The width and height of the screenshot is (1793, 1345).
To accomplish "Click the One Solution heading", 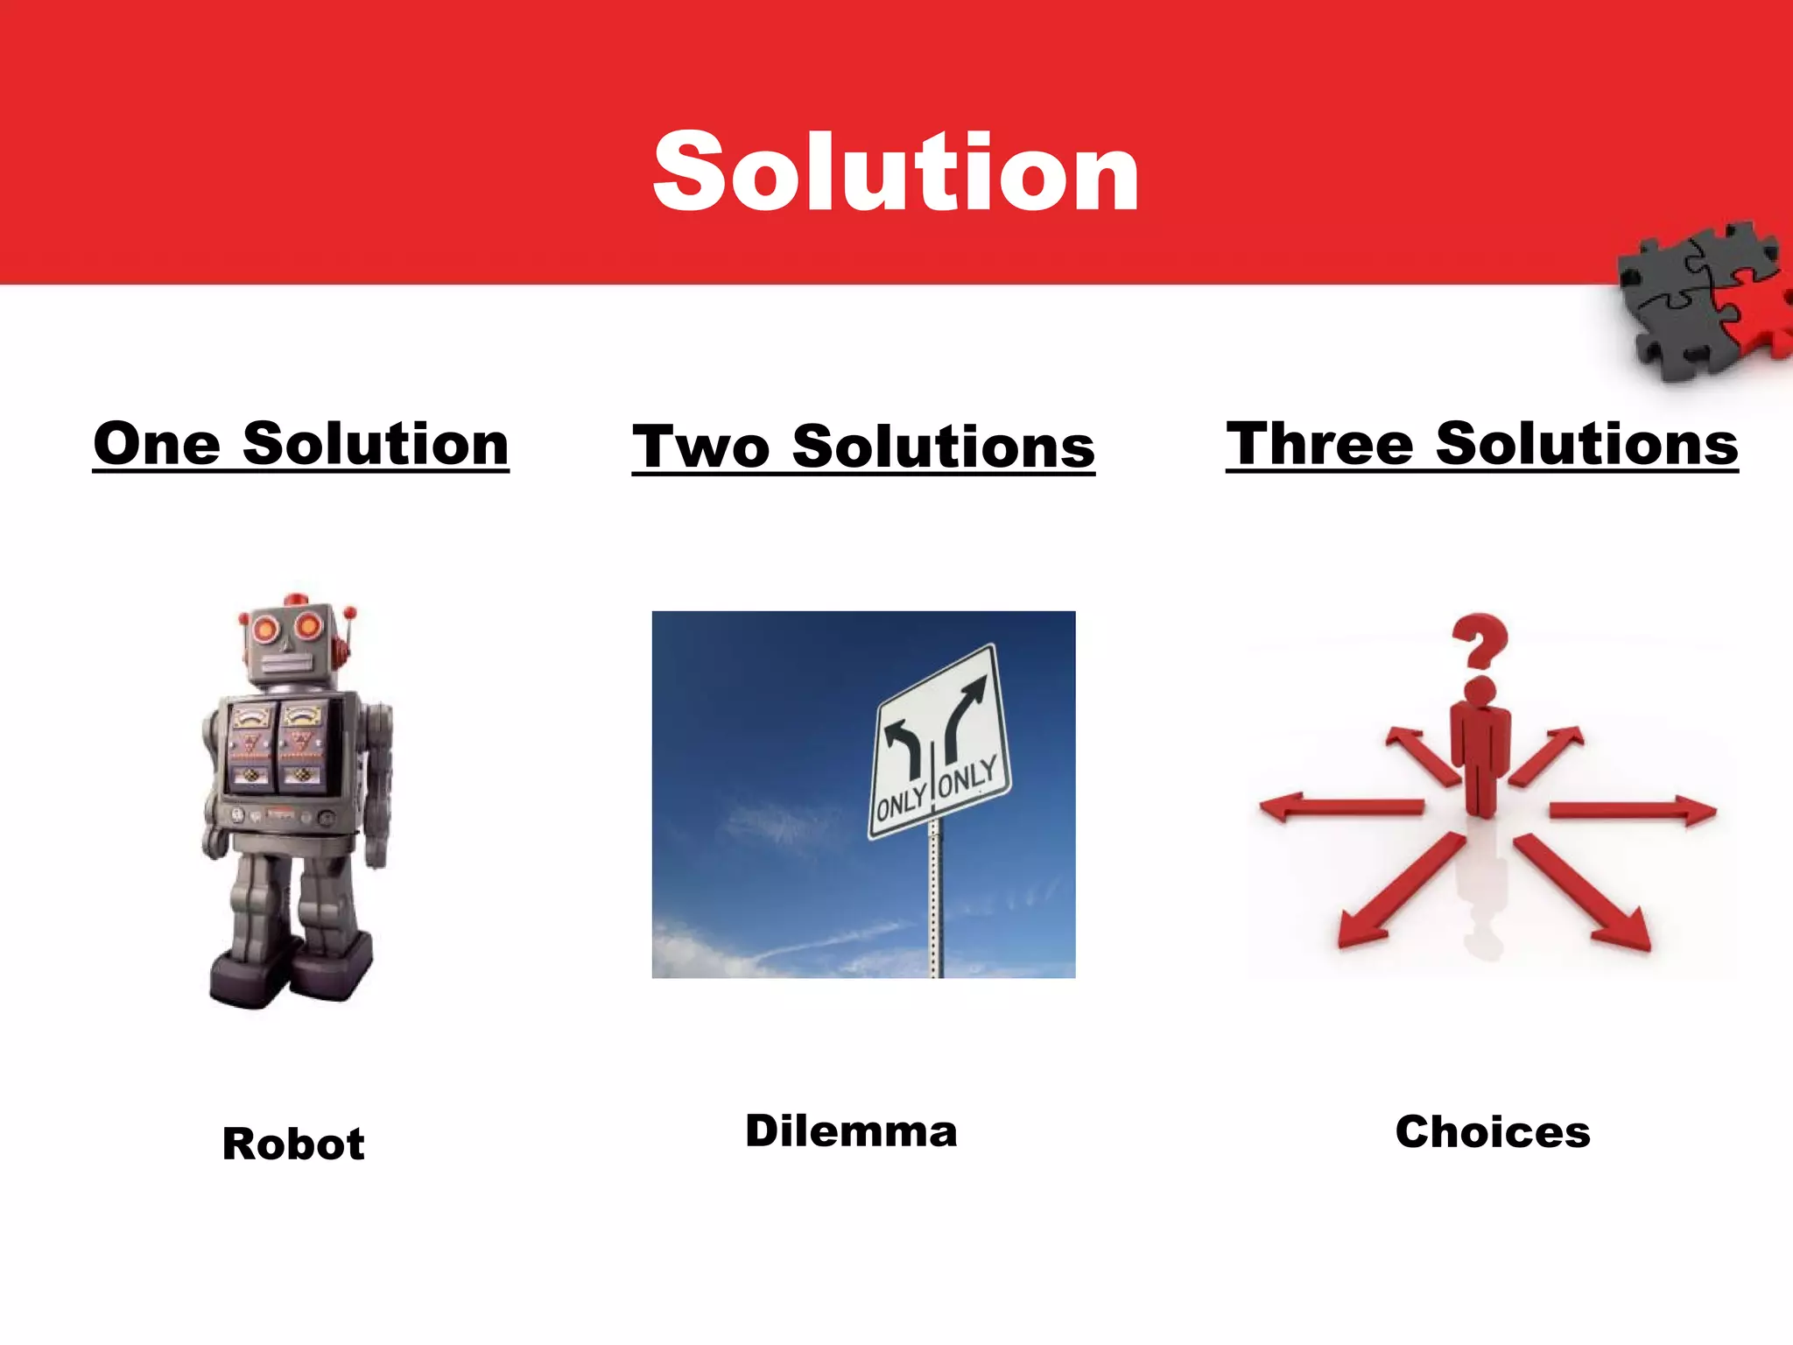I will pyautogui.click(x=300, y=444).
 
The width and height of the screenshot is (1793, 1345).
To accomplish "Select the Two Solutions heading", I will pyautogui.click(x=863, y=447).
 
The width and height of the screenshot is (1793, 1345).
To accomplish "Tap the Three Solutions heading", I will pyautogui.click(x=1481, y=444).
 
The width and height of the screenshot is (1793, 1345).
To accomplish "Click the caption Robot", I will pyautogui.click(x=293, y=1144).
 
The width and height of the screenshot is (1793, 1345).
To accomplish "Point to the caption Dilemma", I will pyautogui.click(x=851, y=1130).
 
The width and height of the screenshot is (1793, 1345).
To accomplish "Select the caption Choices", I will pyautogui.click(x=1493, y=1131).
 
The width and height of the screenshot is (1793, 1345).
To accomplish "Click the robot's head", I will pyautogui.click(x=289, y=644).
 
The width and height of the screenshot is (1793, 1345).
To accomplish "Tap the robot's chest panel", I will pyautogui.click(x=278, y=744).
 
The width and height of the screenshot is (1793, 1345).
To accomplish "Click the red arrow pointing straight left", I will pyautogui.click(x=1339, y=806).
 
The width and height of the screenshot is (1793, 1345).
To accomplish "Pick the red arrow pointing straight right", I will pyautogui.click(x=1633, y=810).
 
